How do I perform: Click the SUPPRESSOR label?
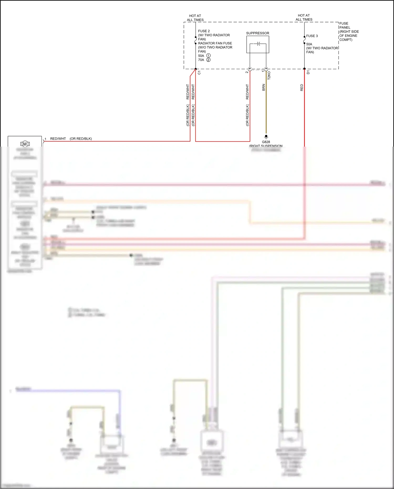257,33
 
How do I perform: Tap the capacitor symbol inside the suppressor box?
258,44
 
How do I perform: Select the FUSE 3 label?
312,36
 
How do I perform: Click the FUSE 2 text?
204,31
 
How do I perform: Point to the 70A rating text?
201,60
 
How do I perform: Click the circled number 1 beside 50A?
208,56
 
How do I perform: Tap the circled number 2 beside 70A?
208,60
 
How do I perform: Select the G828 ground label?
266,142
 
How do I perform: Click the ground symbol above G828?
266,137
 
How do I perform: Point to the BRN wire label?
263,87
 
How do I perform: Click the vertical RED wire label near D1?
302,88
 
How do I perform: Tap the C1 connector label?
199,73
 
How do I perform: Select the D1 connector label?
308,72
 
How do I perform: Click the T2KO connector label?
269,75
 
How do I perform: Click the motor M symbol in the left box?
25,144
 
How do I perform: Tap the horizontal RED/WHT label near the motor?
58,139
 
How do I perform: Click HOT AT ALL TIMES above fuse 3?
304,18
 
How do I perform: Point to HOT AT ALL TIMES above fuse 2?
195,18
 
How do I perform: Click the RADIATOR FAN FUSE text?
215,43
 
